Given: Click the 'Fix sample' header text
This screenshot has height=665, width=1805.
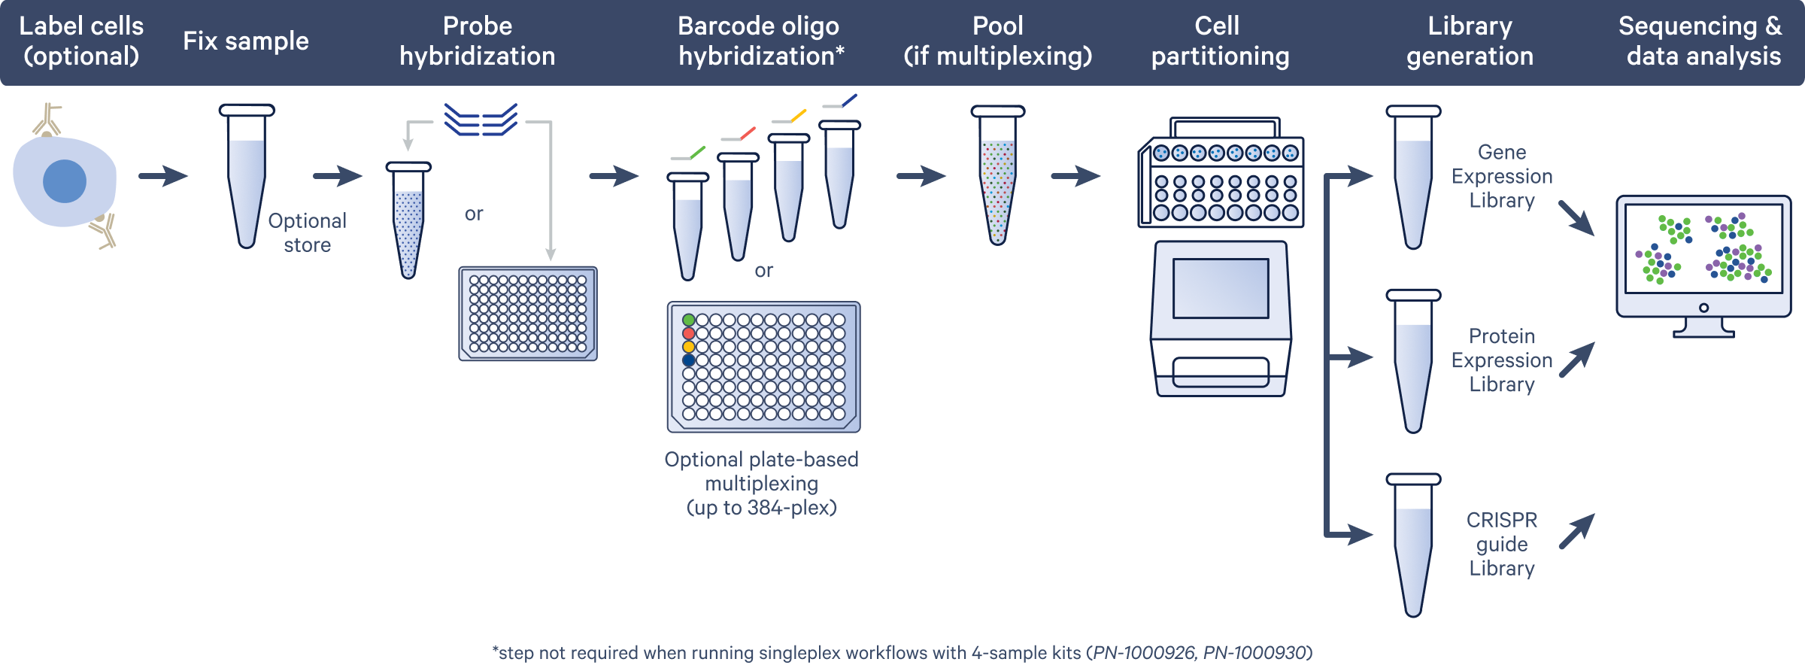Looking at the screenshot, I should pyautogui.click(x=246, y=41).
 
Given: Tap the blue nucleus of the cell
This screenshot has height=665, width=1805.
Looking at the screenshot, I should pyautogui.click(x=65, y=181).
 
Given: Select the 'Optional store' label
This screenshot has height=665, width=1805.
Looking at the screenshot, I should pyautogui.click(x=307, y=232).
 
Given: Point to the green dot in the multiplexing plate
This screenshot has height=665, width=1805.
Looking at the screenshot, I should pyautogui.click(x=688, y=320).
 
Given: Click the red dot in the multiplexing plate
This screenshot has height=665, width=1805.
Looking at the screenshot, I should pyautogui.click(x=688, y=333).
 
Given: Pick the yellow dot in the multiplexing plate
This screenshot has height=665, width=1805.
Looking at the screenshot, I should pyautogui.click(x=688, y=347).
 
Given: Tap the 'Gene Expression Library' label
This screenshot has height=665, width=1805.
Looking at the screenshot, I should pyautogui.click(x=1502, y=176).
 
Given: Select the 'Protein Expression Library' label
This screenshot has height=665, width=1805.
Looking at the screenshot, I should pyautogui.click(x=1502, y=360).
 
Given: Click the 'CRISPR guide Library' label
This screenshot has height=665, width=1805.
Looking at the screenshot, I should pyautogui.click(x=1502, y=544).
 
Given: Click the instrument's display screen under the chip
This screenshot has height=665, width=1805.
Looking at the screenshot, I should pyautogui.click(x=1220, y=288).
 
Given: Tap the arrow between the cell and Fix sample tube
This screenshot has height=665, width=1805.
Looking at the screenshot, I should pyautogui.click(x=164, y=177).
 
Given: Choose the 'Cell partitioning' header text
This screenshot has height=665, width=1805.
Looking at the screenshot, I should pyautogui.click(x=1219, y=41).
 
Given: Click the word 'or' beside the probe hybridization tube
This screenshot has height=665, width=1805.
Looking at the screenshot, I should pyautogui.click(x=474, y=214).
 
